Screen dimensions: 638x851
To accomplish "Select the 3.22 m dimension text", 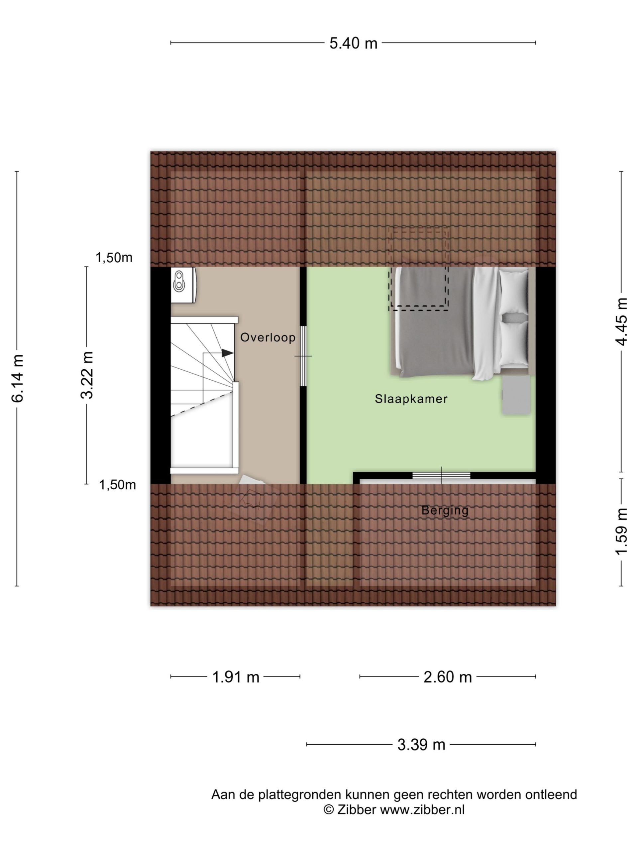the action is coord(87,375).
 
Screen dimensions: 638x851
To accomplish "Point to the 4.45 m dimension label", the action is coord(622,322).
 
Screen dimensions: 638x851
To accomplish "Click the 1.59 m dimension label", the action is coord(622,531).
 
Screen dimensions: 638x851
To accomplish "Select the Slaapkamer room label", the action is coord(411,399).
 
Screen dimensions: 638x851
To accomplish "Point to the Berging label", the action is coord(445,511).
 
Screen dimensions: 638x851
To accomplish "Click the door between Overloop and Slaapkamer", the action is coord(303,356).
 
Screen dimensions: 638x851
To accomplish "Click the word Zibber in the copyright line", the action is coord(357,810).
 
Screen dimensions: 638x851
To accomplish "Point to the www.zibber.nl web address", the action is coord(422,810).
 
